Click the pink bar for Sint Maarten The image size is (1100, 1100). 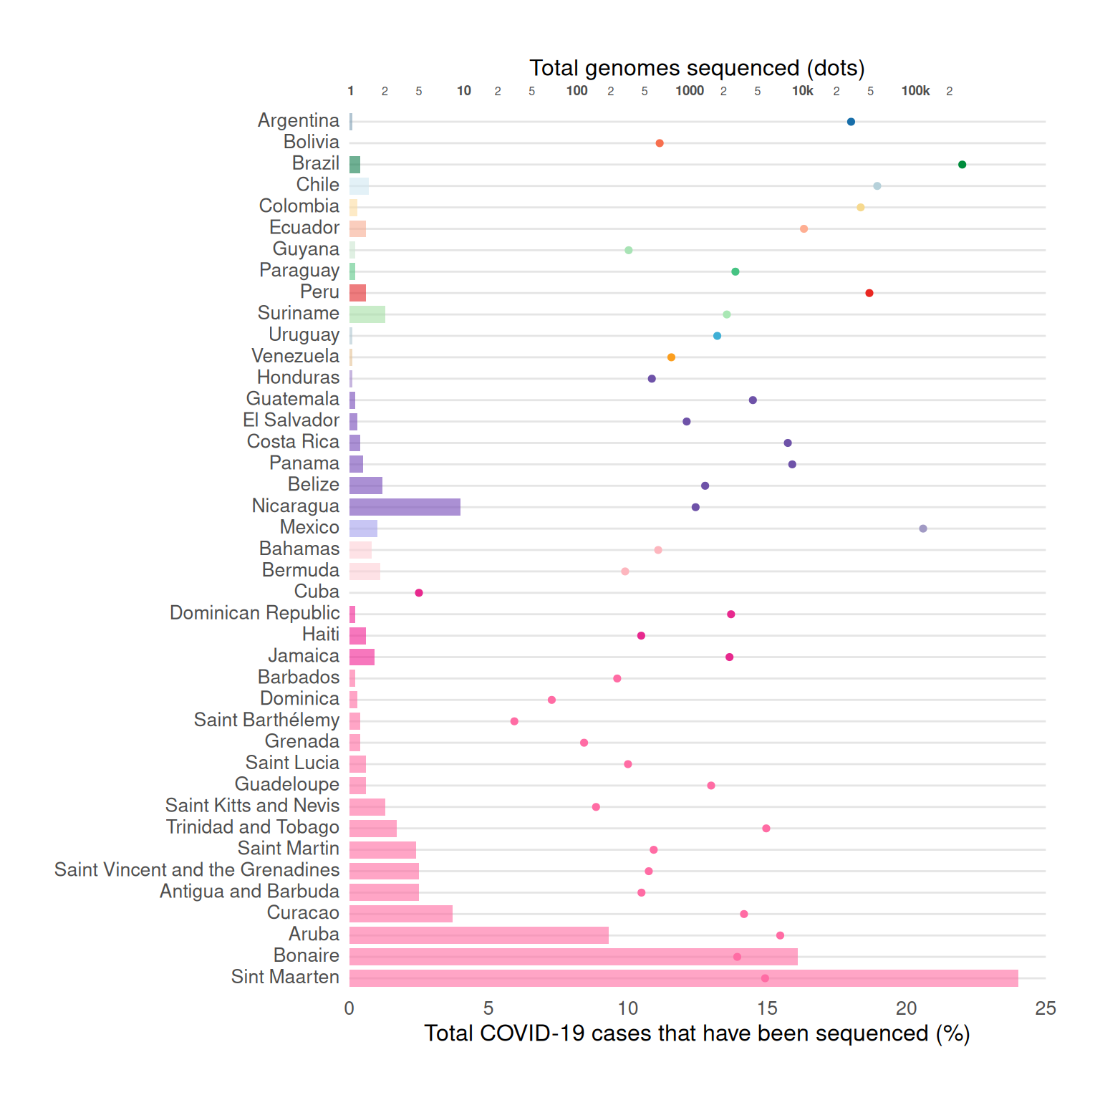point(683,978)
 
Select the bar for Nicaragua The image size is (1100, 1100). point(405,507)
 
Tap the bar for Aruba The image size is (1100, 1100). point(478,935)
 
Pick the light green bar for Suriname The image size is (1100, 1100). point(367,314)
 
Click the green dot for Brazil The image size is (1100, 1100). point(962,165)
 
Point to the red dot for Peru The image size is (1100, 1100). point(869,293)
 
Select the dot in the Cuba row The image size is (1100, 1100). point(419,593)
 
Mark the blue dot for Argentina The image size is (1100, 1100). point(851,122)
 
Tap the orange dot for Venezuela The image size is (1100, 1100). point(671,357)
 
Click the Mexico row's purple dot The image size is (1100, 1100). point(922,529)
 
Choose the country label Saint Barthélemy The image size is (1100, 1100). point(266,720)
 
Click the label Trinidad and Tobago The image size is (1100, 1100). point(253,827)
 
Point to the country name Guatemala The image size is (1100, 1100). point(292,399)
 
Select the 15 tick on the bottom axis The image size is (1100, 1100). point(767,1008)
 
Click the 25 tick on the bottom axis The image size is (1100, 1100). point(1045,1008)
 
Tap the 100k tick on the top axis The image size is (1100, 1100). point(915,91)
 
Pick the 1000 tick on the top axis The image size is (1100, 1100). point(690,91)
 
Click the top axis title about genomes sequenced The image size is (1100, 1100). point(697,68)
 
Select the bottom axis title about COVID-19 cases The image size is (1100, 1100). point(697,1033)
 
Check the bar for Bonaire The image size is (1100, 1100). point(573,957)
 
